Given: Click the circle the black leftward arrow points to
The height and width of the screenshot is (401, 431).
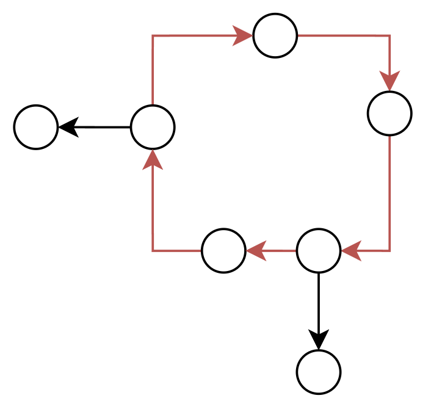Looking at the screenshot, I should [x=36, y=127].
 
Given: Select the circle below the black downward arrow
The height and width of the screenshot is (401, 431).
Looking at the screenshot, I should [x=319, y=372].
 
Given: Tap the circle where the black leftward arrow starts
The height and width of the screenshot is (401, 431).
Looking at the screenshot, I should [x=153, y=127].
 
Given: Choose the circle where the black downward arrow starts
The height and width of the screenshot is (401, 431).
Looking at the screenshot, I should [x=319, y=251].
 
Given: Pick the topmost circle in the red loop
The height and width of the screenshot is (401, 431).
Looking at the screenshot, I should [x=275, y=35].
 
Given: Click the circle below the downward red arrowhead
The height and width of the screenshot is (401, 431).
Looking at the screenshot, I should [x=389, y=114].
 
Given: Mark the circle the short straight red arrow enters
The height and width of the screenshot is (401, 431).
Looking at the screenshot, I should [x=223, y=251].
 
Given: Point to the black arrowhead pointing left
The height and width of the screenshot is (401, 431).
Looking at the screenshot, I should [x=67, y=127].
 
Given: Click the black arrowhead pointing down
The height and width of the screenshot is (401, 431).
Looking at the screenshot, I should [x=319, y=339].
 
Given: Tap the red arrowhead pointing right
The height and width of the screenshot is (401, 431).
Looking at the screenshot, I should [x=243, y=35].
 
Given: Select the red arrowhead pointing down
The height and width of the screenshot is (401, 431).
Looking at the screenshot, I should [x=389, y=81].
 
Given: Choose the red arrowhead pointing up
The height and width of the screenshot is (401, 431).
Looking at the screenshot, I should [x=153, y=159].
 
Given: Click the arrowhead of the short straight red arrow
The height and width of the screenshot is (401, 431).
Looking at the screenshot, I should [x=256, y=251].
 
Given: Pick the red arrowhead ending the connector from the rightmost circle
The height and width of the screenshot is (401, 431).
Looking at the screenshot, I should [x=351, y=251].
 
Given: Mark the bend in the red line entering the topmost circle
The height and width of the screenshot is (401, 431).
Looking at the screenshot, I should [x=153, y=35].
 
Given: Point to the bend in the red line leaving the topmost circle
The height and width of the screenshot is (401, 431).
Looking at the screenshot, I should [x=389, y=35].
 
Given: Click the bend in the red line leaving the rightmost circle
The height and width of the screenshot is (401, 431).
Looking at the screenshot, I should [x=389, y=251].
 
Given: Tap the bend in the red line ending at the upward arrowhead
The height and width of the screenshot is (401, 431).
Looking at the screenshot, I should [x=153, y=251].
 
